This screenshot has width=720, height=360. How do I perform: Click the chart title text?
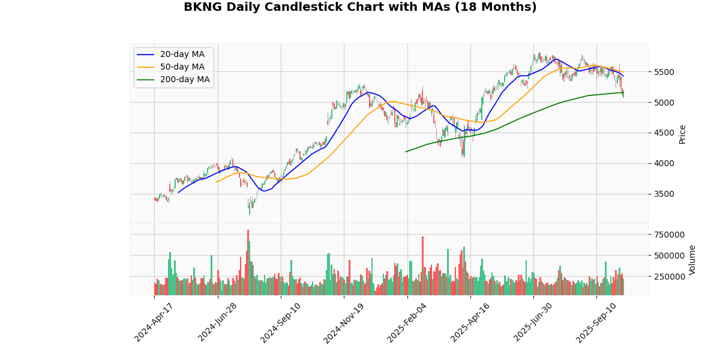(360, 7)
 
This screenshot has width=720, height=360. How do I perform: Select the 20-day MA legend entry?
(178, 55)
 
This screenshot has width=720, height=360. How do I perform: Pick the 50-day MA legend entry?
(178, 67)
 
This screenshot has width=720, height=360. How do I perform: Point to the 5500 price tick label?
(664, 72)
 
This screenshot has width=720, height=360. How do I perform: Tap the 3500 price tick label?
(664, 194)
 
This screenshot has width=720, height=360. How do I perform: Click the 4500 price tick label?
(664, 133)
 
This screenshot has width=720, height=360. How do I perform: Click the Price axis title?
(682, 134)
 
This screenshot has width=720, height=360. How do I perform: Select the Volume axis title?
(692, 260)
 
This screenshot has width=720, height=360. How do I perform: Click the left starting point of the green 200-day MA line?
(406, 151)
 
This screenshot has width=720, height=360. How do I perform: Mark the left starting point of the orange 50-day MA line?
(217, 182)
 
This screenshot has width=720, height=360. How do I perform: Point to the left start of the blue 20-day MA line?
(179, 192)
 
